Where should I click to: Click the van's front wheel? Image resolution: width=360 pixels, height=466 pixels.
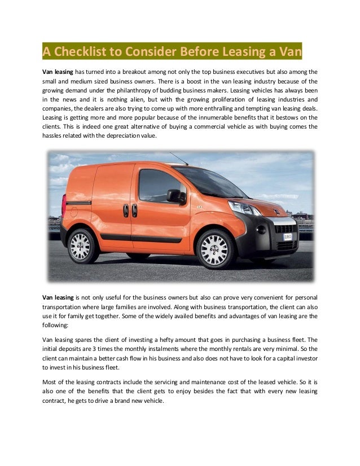[x=214, y=249]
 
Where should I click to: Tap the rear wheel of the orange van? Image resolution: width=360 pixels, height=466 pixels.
[x=82, y=247]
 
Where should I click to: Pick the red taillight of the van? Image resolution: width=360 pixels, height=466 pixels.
[x=64, y=205]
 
